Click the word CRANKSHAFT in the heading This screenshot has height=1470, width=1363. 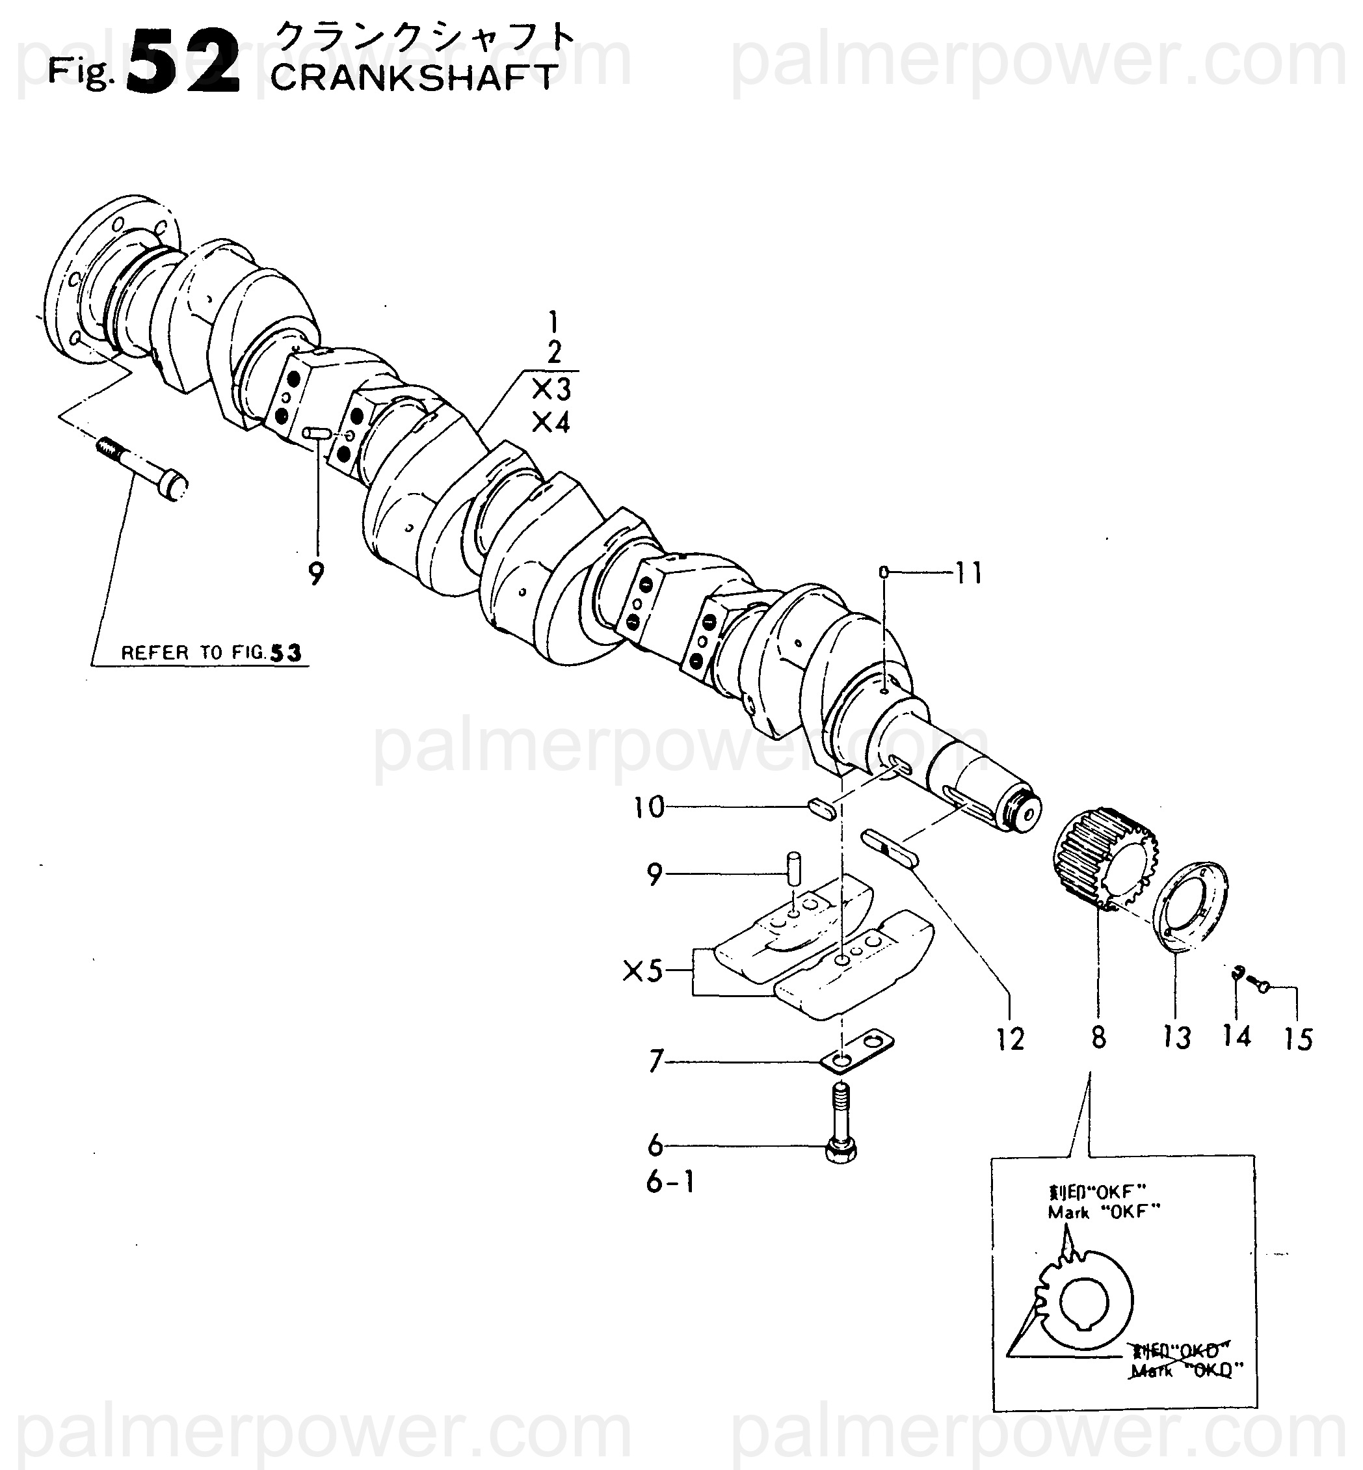413,78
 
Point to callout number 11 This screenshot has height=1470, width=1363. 968,573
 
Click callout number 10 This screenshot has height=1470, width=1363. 649,808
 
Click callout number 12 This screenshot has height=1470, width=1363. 1010,1040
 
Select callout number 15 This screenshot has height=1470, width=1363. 1298,1040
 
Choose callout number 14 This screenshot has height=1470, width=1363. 1237,1036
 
